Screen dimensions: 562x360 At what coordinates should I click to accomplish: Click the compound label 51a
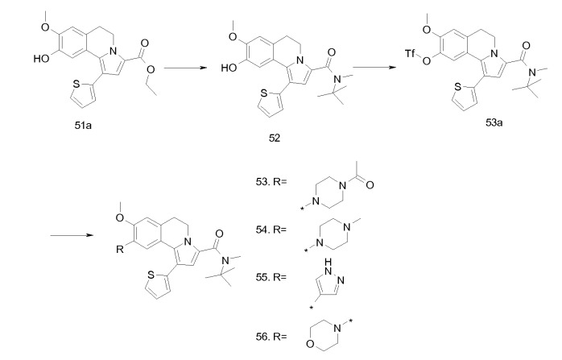[83, 126]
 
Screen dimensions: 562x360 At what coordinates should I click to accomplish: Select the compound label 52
[275, 138]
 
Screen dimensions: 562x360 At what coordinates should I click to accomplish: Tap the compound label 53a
[494, 123]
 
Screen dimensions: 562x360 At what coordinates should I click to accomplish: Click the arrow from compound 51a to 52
[186, 68]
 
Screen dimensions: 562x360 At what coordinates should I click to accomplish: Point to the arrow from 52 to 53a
[374, 67]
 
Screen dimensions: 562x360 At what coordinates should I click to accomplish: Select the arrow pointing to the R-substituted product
[72, 235]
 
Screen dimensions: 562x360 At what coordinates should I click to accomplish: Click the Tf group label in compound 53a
[411, 54]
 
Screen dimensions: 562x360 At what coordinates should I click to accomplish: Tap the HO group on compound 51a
[42, 59]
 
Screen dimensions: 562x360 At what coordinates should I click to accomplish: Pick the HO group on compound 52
[229, 68]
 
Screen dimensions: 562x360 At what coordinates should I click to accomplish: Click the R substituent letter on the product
[120, 250]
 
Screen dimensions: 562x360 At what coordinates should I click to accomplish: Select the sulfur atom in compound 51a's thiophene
[76, 85]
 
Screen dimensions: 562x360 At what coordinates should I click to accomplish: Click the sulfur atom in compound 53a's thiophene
[457, 87]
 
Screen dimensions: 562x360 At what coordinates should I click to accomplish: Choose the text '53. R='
[271, 182]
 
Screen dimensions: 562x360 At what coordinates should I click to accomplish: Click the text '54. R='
[271, 230]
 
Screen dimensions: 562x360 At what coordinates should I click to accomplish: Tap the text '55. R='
[271, 277]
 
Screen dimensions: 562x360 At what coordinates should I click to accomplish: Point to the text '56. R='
[271, 337]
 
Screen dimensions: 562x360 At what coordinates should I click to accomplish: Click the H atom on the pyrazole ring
[329, 263]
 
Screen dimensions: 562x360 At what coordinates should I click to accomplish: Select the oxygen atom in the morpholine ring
[311, 345]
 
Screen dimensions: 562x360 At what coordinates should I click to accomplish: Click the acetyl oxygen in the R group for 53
[370, 185]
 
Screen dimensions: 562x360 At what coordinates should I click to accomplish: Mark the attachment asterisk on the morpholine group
[350, 321]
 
